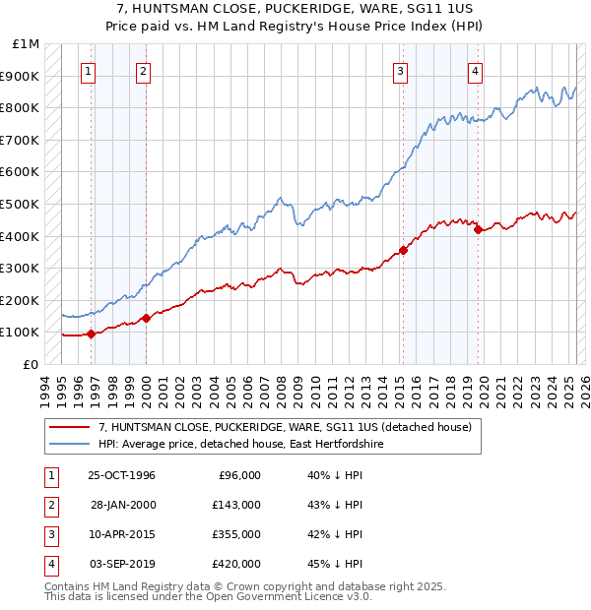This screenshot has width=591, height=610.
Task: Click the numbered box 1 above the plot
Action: click(89, 70)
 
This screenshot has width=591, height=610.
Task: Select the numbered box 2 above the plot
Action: click(144, 70)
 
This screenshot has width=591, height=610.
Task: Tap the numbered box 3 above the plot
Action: click(401, 70)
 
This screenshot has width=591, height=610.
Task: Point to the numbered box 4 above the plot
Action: click(475, 70)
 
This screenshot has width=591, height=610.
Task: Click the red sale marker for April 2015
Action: click(403, 250)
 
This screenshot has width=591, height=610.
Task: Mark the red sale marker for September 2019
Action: click(478, 229)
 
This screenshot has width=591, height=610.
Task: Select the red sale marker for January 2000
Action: click(146, 318)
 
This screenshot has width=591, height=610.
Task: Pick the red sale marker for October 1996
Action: click(91, 334)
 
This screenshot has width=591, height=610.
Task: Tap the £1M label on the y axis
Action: click(26, 44)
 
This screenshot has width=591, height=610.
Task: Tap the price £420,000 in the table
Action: click(236, 564)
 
